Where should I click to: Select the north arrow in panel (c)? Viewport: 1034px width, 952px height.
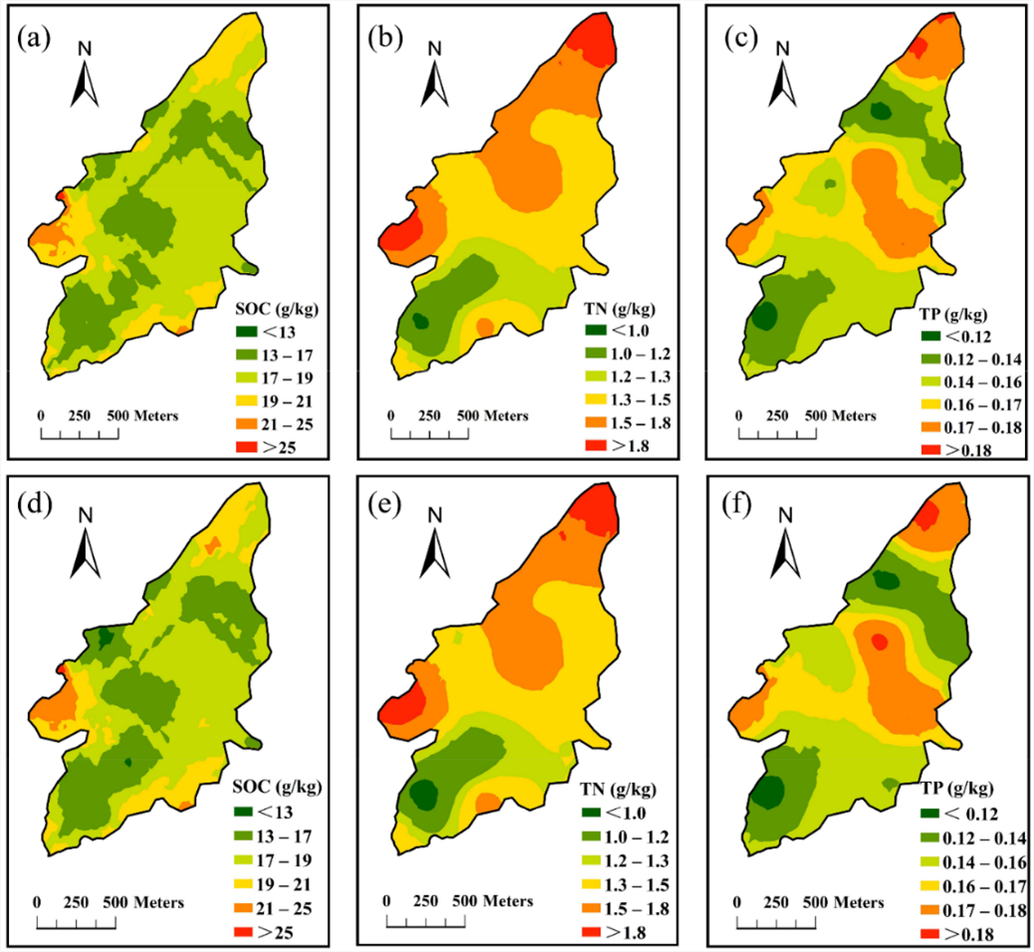pyautogui.click(x=782, y=74)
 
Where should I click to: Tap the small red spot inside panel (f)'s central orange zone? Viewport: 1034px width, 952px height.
pyautogui.click(x=879, y=642)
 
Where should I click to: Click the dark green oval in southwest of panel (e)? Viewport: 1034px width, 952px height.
pyautogui.click(x=424, y=794)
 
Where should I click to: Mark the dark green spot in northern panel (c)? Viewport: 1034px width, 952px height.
pyautogui.click(x=880, y=113)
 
